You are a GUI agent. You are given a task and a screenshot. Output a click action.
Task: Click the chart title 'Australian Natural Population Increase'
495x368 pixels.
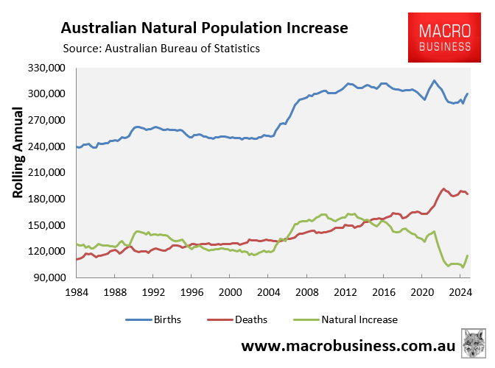[x=204, y=29]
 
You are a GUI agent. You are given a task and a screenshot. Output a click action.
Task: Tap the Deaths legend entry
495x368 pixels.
[x=247, y=319]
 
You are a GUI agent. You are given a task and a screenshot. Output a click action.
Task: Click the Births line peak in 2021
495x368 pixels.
[x=435, y=80]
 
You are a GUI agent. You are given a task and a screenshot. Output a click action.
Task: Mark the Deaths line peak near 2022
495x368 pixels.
[x=443, y=189]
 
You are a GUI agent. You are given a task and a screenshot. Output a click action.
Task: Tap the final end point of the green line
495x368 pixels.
[x=468, y=255]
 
